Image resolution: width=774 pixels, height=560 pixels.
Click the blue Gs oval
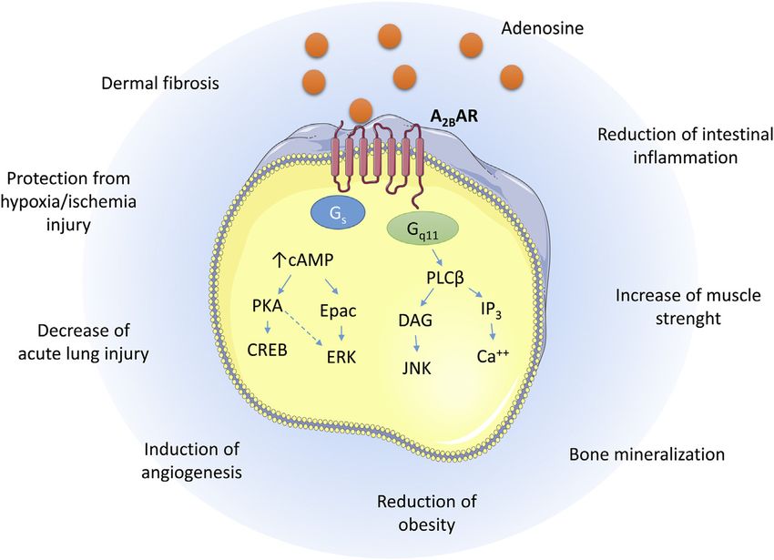pos(338,213)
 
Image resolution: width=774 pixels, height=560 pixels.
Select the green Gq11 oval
pos(423,230)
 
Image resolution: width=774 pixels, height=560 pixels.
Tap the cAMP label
pos(302,260)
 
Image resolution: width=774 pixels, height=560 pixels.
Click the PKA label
pos(267,306)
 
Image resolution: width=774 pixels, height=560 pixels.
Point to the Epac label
pos(338,311)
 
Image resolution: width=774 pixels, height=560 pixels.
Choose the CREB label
pos(267,351)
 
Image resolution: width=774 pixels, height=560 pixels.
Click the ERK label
pos(341,357)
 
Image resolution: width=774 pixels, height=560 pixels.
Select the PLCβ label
pos(445,279)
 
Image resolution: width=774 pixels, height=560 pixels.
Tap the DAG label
pos(415,321)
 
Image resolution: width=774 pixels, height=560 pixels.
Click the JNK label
pos(417,369)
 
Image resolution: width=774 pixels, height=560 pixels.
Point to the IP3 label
pos(491,311)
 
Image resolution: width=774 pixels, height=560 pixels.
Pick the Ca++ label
pos(494,356)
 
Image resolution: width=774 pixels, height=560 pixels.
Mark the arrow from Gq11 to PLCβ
pos(437,257)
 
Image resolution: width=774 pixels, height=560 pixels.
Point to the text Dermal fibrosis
pos(160,83)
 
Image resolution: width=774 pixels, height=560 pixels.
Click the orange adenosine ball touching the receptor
pos(361,110)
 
